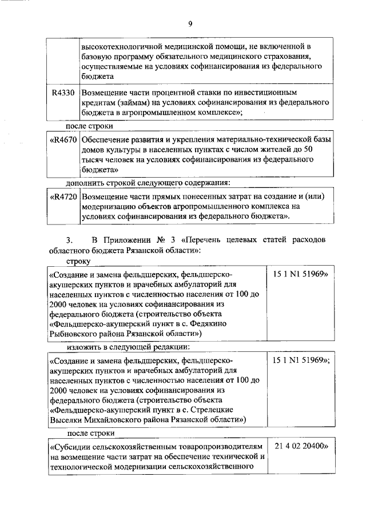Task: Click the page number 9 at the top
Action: point(190,23)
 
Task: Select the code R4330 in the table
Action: point(62,93)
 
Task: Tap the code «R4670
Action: point(62,139)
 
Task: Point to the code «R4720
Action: point(62,197)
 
